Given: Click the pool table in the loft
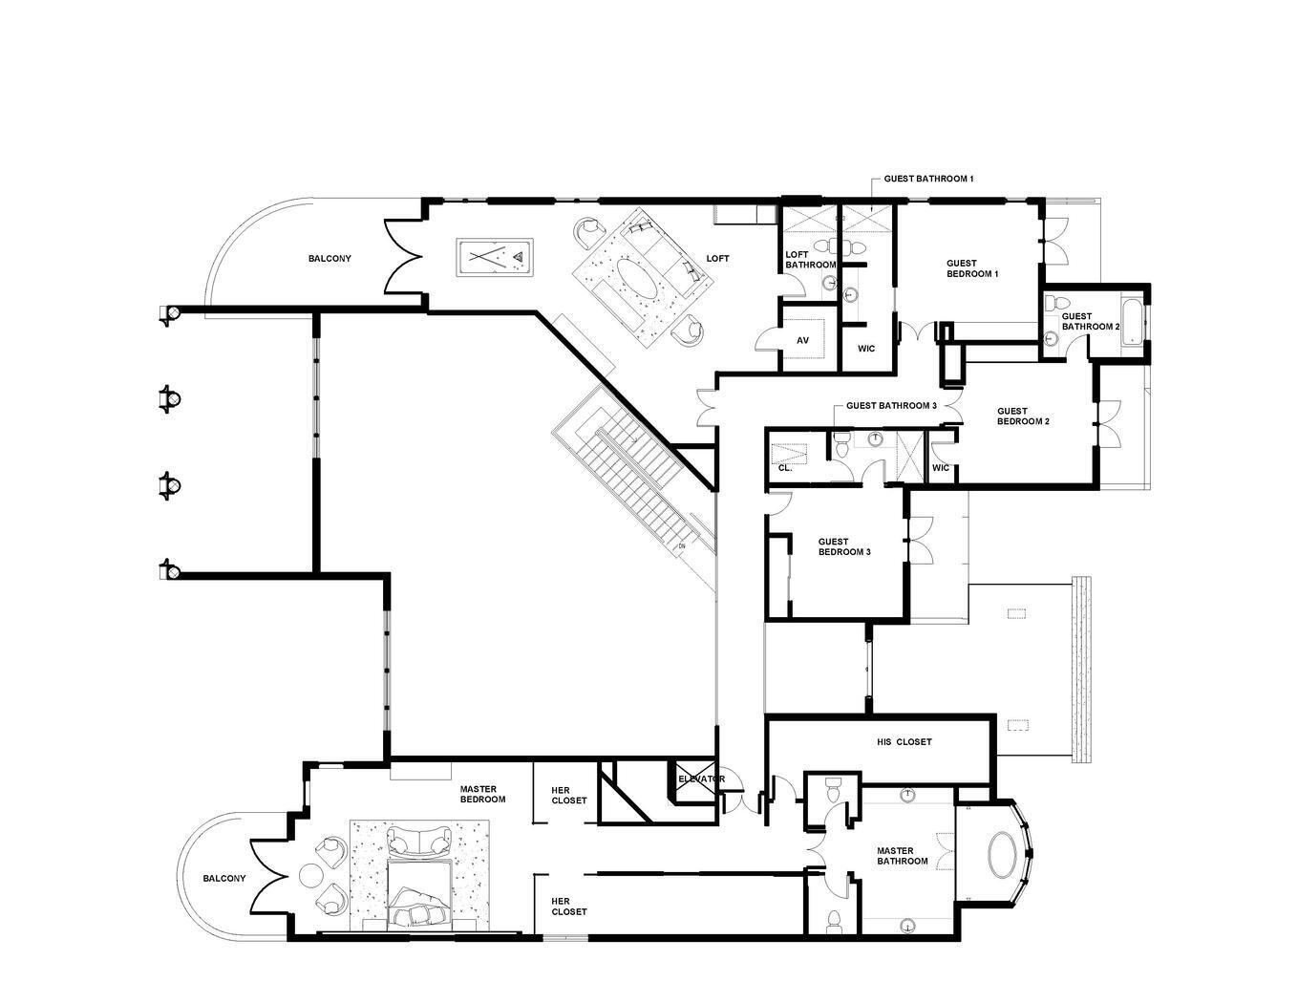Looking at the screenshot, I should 496,257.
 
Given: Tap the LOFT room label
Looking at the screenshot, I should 717,259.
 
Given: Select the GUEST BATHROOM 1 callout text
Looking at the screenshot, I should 928,179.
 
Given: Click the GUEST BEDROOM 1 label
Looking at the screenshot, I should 972,268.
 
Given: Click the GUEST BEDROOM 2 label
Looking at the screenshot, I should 1023,416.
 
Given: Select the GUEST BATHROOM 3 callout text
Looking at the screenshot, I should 891,406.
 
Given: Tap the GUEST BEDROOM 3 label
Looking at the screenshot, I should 844,547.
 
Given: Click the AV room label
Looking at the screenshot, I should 802,341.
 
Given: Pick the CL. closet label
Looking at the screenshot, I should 785,468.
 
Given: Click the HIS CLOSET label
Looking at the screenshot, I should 904,742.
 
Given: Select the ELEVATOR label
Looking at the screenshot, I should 701,779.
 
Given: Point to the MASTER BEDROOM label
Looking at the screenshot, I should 482,794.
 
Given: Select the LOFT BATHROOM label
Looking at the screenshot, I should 810,260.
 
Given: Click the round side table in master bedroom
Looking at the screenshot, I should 312,875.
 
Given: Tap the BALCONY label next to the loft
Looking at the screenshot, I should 330,259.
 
